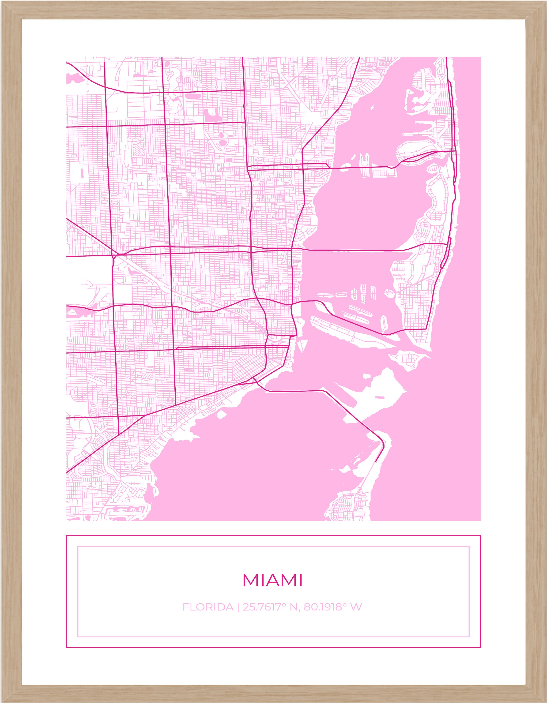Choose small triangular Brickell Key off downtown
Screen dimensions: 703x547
pos(301,346)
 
